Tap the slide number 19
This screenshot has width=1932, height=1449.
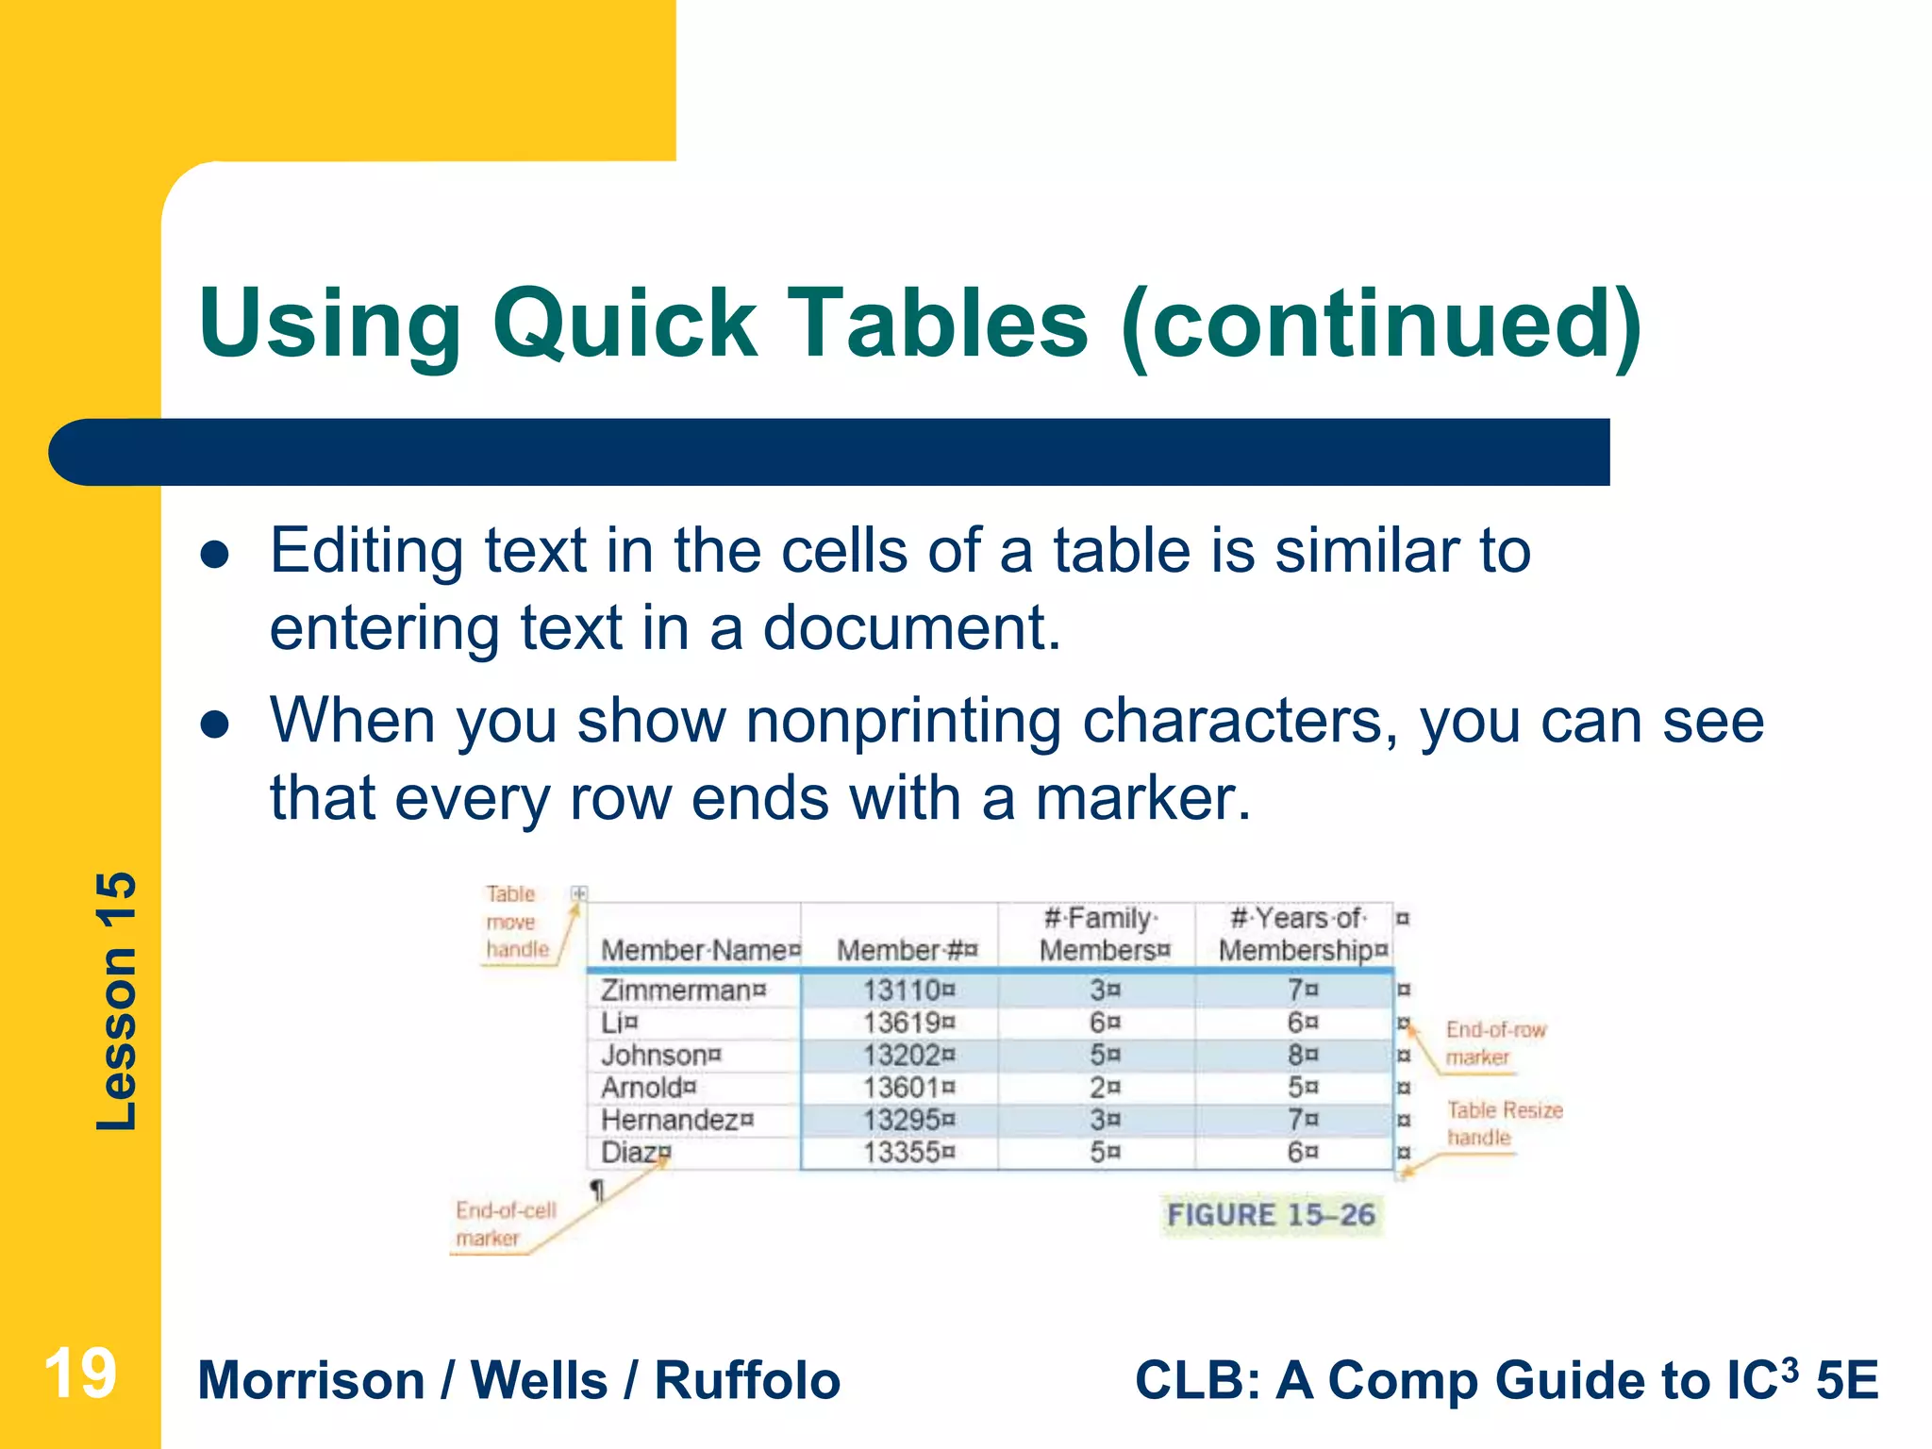coord(80,1374)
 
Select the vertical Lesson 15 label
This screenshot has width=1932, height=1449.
coord(117,1001)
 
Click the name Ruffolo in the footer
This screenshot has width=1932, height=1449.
coord(747,1380)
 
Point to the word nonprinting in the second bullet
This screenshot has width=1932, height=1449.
coord(903,722)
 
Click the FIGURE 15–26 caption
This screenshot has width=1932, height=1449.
coord(1271,1214)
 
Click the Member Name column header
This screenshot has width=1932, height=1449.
coord(694,950)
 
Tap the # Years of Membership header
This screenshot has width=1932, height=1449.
coord(1299,934)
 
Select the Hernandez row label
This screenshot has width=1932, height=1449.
coord(670,1120)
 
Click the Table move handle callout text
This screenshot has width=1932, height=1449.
coord(515,922)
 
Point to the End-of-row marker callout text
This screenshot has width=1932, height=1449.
coord(1493,1043)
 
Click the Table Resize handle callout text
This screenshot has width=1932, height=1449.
coord(1503,1124)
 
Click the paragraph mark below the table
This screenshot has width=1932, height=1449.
coord(596,1191)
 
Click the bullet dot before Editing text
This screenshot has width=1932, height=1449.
coord(216,556)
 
